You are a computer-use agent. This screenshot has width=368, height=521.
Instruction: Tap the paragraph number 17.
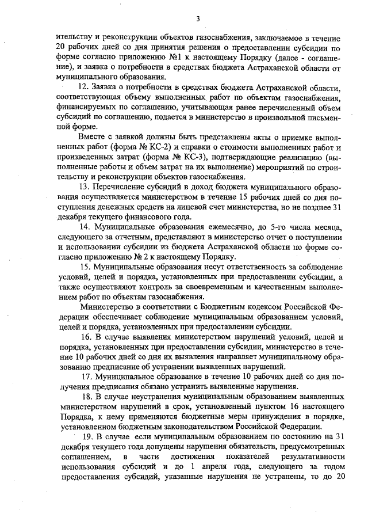[x=86, y=377]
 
